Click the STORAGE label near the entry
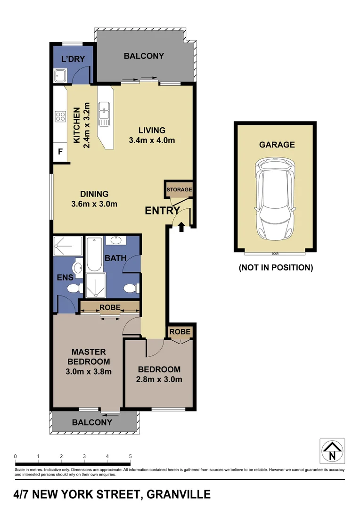[179, 189]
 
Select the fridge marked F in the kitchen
[60, 152]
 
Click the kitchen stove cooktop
[60, 116]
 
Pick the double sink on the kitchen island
[104, 115]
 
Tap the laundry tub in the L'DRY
[60, 75]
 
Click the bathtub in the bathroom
[94, 254]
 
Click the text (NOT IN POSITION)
[276, 268]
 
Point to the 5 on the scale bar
[130, 456]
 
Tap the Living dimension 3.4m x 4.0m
[152, 140]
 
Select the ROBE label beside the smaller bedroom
[180, 332]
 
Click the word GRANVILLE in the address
[179, 494]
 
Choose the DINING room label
[94, 194]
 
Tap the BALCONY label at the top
[144, 56]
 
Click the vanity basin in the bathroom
[115, 241]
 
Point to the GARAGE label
[277, 145]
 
